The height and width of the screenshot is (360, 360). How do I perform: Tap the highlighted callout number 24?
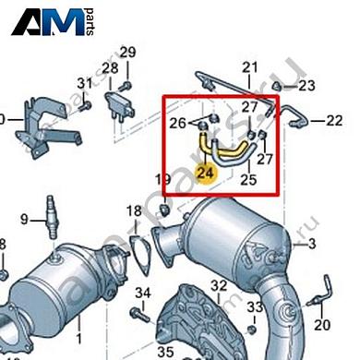pos(206,171)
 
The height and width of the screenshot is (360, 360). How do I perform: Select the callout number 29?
pos(127,52)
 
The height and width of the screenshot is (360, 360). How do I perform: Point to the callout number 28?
pos(110,68)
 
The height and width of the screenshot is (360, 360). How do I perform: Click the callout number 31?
pos(84,84)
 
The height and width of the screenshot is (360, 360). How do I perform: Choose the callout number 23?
pos(306,86)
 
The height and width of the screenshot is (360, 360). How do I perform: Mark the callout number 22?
pos(333,121)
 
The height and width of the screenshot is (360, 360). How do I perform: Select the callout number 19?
pos(163,180)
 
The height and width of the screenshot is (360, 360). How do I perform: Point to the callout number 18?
pos(134,211)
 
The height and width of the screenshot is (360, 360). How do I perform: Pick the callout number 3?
pos(311,244)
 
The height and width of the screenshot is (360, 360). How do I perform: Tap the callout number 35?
pos(165,351)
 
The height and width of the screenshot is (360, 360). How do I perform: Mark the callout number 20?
pos(321,325)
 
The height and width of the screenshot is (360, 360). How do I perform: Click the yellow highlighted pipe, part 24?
pos(205,146)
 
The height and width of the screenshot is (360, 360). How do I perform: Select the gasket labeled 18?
pos(138,250)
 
